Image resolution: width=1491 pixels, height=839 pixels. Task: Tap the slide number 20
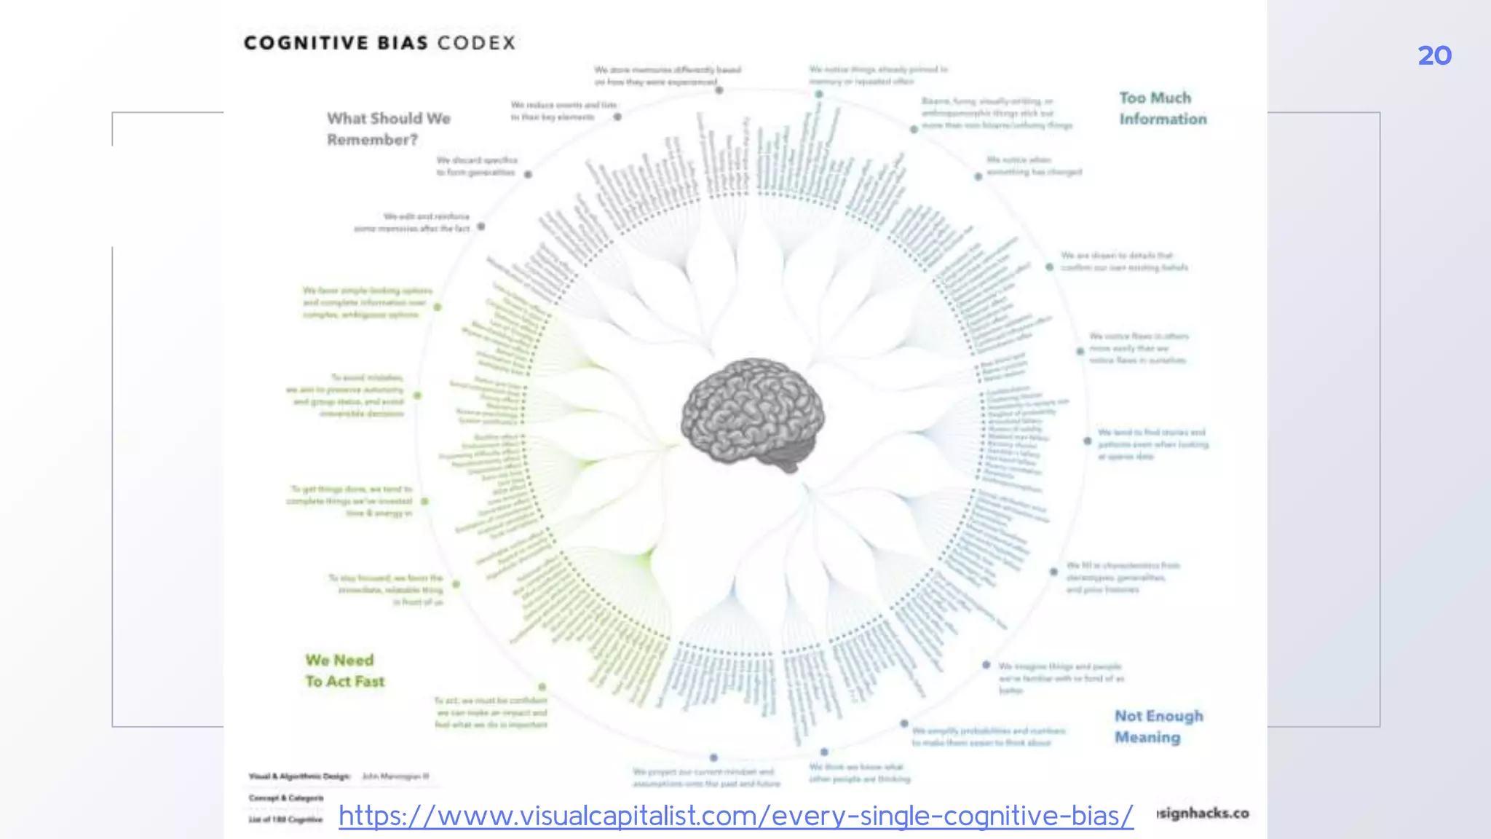point(1434,56)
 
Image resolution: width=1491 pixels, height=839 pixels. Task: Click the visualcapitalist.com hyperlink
point(735,816)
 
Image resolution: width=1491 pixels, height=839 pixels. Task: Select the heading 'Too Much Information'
point(1162,109)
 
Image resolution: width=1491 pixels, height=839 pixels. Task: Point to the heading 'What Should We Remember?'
point(388,129)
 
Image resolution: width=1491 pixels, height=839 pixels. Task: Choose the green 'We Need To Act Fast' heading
point(344,671)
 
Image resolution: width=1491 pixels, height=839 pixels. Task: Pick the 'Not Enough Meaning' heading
point(1158,727)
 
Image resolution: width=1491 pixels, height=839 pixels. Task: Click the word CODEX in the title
point(476,43)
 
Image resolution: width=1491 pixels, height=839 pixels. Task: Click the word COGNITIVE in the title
point(306,43)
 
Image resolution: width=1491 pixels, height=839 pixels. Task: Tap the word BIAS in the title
point(403,43)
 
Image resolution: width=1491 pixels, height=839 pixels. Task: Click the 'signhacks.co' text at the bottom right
point(1203,813)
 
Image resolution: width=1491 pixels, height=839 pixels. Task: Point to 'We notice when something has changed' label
point(1034,166)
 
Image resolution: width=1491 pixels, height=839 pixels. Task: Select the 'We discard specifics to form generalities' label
point(477,166)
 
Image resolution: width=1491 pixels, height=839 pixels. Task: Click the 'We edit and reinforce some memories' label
point(413,222)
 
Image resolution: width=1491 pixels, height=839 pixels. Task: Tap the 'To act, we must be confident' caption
point(491,712)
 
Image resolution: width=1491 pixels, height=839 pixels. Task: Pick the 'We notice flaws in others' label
point(1138,348)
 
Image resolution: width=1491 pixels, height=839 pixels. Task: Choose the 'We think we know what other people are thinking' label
point(859,773)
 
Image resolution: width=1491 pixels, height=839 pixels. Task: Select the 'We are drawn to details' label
point(1123,261)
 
